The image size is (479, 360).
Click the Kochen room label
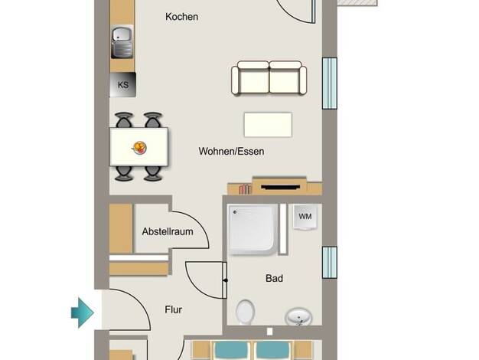pos(182,17)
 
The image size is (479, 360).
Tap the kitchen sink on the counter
pos(122,42)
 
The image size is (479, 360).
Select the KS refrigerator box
pos(122,85)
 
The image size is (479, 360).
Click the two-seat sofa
pos(269,77)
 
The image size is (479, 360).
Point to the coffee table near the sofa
pos(268,125)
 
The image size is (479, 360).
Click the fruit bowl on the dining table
pos(139,147)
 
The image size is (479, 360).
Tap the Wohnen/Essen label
pos(231,151)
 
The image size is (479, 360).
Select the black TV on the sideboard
pos(280,187)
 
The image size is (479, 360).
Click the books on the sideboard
pos(245,189)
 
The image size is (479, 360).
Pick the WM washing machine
pos(305,217)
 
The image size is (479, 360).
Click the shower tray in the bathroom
pos(253,229)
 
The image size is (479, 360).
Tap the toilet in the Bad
pos(246,312)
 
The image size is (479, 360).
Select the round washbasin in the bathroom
pos(298,317)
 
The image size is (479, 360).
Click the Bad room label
pos(274,278)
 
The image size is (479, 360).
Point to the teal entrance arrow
pos(83,313)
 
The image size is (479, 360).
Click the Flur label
pos(173,310)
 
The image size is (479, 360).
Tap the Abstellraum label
pos(168,231)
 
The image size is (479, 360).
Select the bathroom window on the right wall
pos(330,263)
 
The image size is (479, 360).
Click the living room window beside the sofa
pos(330,83)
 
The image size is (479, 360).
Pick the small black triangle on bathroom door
pos(225,280)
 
